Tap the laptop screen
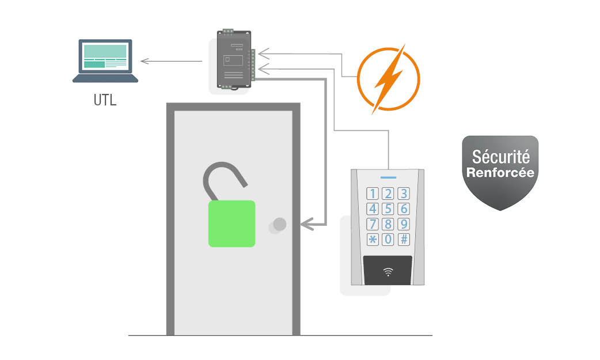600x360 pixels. pyautogui.click(x=105, y=57)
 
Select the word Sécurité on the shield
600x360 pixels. pyautogui.click(x=500, y=157)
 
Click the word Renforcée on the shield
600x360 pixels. pyautogui.click(x=500, y=172)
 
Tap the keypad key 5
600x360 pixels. pyautogui.click(x=388, y=209)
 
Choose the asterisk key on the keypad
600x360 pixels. pyautogui.click(x=373, y=239)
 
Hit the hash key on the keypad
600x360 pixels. pyautogui.click(x=404, y=239)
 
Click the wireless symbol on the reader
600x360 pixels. pyautogui.click(x=388, y=271)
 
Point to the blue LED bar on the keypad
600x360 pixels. pyautogui.click(x=388, y=177)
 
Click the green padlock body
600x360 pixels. pyautogui.click(x=231, y=223)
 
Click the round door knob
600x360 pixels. pyautogui.click(x=279, y=224)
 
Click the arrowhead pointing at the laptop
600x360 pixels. pyautogui.click(x=145, y=61)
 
